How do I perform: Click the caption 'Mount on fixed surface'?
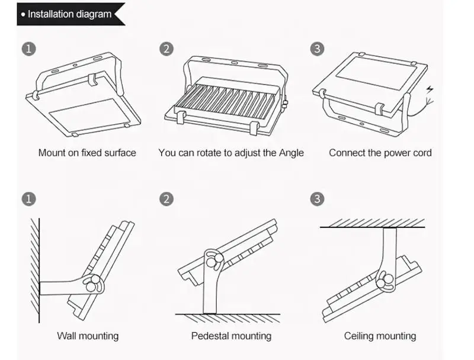point(87,153)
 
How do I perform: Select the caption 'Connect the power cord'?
point(380,153)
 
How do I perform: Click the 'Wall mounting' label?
point(88,336)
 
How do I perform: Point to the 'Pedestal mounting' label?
point(231,336)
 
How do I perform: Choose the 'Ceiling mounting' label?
point(380,336)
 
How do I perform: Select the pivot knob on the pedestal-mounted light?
point(211,261)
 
